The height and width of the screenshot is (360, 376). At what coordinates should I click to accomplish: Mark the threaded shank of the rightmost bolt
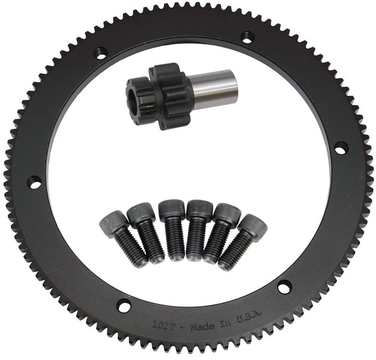tap(233, 253)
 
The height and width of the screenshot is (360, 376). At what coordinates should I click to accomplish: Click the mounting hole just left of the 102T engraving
tap(123, 306)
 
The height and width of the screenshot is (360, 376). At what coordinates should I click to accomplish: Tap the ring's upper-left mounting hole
tap(99, 52)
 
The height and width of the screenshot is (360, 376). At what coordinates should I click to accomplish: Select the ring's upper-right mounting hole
tap(247, 37)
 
